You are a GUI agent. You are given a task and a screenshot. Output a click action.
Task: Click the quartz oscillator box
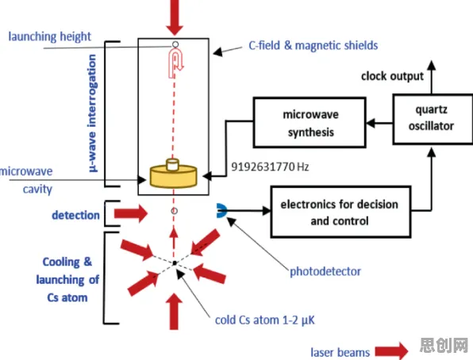click(433, 119)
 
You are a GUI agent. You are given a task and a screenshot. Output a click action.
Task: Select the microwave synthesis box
click(310, 122)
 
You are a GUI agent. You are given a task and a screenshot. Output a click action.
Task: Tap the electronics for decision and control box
click(340, 212)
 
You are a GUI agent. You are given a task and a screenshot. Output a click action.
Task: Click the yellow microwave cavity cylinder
click(174, 174)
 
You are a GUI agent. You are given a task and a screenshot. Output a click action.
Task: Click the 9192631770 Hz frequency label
click(270, 167)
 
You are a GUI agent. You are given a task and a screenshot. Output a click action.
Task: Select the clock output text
click(393, 76)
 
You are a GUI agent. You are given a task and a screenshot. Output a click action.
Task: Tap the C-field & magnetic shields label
click(313, 45)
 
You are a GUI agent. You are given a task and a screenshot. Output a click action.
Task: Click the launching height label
click(49, 36)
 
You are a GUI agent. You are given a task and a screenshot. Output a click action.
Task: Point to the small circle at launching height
click(175, 44)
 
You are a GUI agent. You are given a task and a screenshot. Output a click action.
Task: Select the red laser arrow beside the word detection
click(131, 213)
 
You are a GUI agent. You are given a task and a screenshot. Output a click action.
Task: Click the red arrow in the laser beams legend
click(391, 351)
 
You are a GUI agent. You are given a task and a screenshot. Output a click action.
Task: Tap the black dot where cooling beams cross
click(175, 263)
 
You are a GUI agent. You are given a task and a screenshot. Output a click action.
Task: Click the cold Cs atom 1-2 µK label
click(265, 320)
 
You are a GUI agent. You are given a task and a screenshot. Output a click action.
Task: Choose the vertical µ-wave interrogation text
click(92, 113)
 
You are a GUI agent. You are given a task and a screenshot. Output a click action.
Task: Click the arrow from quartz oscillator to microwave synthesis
click(379, 123)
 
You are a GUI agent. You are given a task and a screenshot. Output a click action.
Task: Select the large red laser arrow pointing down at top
click(175, 17)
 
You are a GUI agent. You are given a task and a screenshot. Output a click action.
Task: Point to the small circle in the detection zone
click(174, 211)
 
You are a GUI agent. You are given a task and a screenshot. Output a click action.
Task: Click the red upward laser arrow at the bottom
click(174, 312)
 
